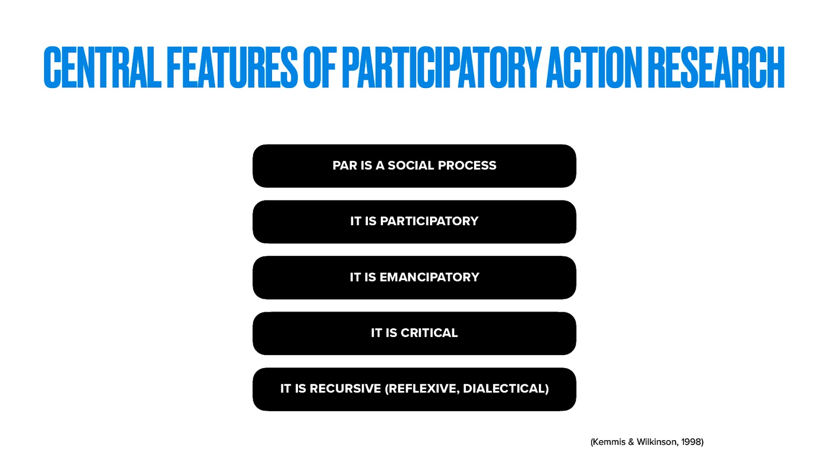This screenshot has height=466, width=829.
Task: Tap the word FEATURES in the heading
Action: click(x=232, y=67)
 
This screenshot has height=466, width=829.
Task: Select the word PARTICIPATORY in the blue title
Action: click(x=441, y=67)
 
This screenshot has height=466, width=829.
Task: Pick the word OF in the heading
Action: click(x=320, y=67)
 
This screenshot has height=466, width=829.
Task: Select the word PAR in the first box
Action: click(x=345, y=166)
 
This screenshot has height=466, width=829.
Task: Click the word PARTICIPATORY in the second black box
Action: click(x=429, y=221)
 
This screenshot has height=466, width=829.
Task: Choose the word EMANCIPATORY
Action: click(x=429, y=277)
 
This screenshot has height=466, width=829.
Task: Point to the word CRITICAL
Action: click(x=429, y=333)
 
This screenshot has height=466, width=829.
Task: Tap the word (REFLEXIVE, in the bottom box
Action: click(x=422, y=389)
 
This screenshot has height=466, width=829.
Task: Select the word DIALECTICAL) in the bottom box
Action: click(x=506, y=389)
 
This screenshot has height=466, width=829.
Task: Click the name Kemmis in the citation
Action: click(x=608, y=442)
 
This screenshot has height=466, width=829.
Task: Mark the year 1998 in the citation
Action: click(x=692, y=442)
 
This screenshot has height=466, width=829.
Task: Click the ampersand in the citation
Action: click(x=631, y=442)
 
